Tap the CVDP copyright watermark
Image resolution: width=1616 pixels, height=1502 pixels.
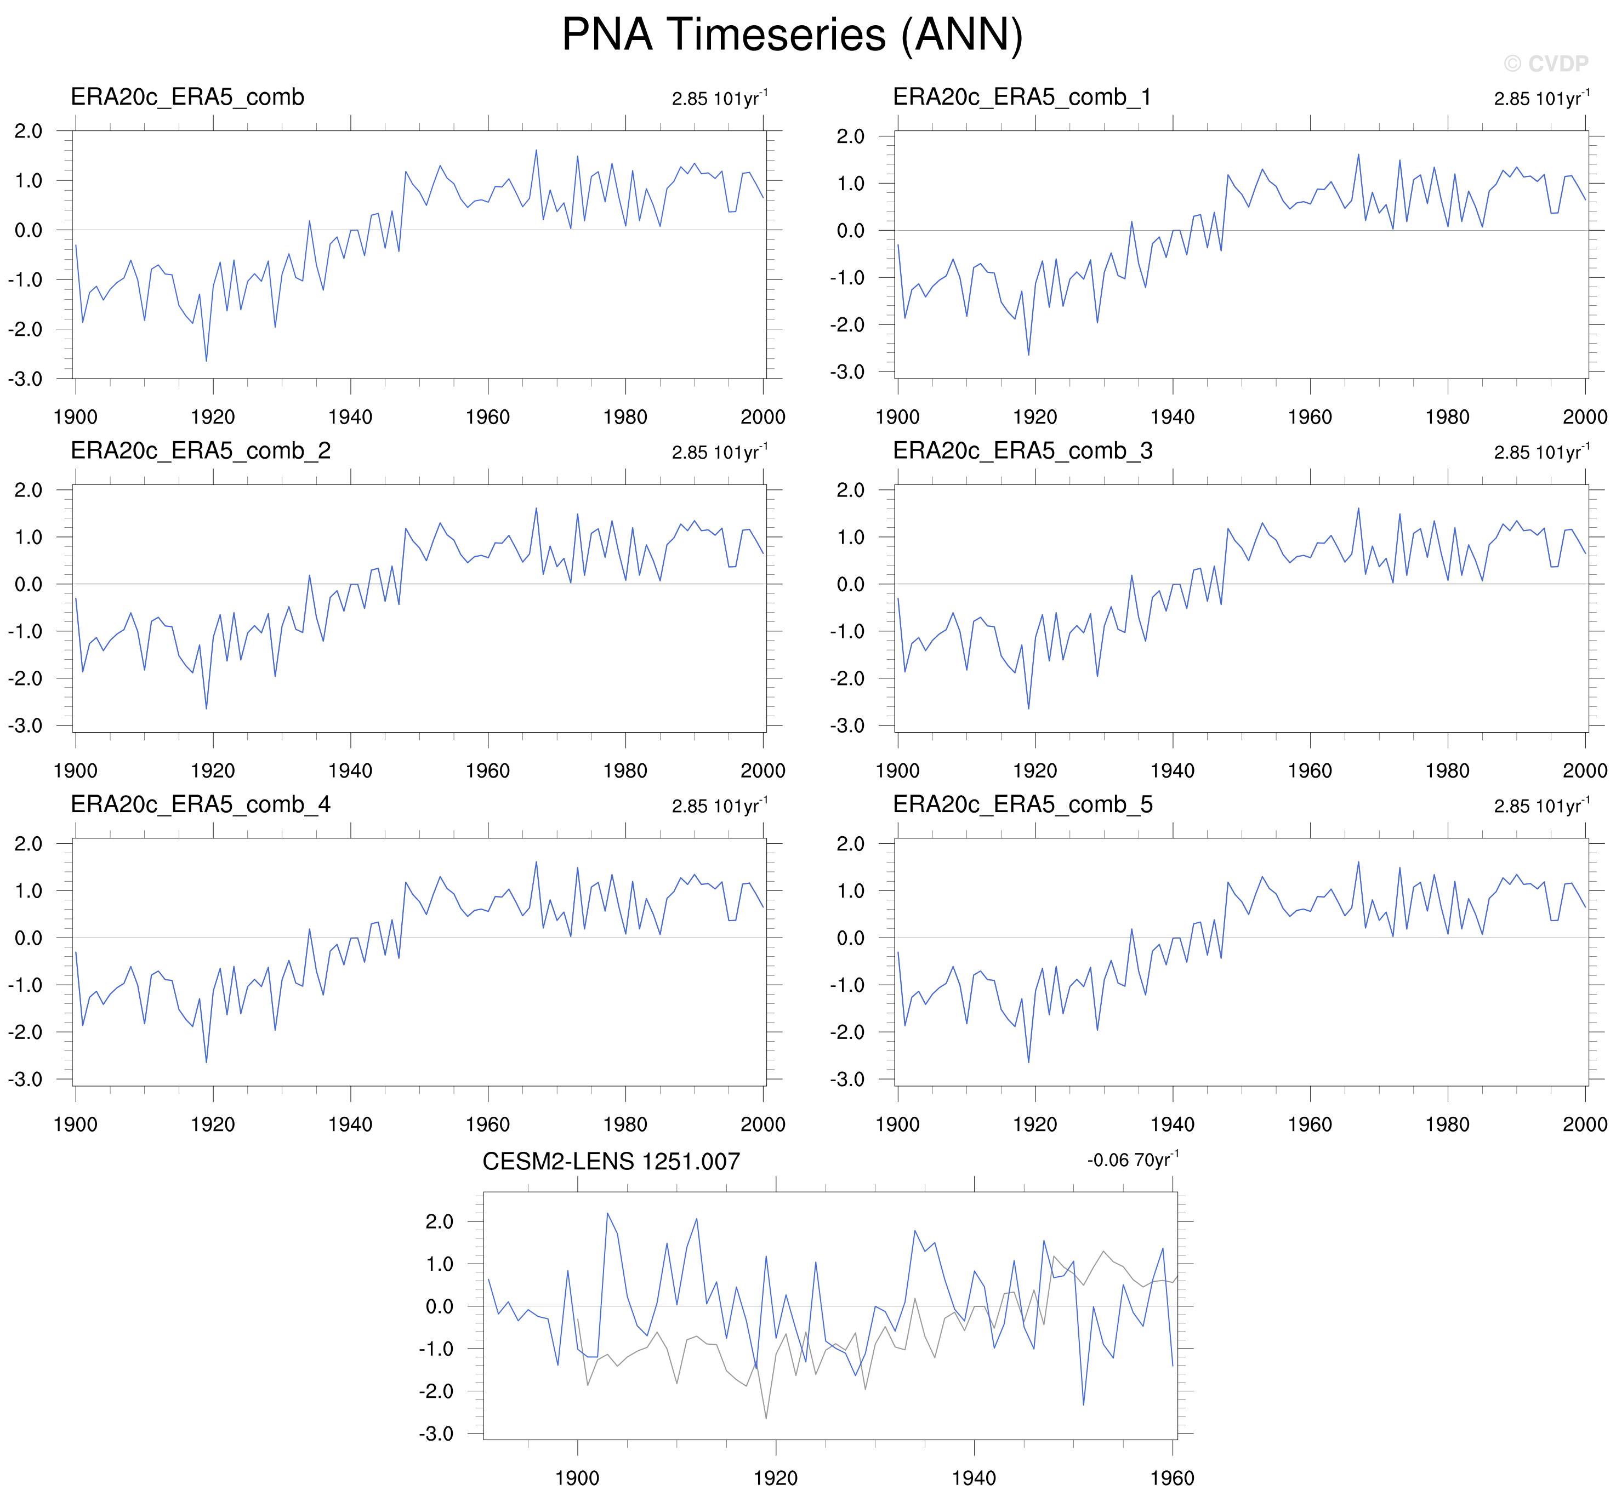tap(1545, 64)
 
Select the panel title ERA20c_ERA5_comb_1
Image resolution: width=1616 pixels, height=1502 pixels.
tap(1022, 98)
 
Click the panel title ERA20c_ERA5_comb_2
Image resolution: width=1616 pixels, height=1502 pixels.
tap(200, 451)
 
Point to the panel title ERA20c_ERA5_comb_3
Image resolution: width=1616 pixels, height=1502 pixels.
tap(1022, 451)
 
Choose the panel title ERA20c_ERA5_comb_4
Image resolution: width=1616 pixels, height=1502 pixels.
tap(200, 804)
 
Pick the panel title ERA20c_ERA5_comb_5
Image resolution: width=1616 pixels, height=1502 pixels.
tap(1022, 804)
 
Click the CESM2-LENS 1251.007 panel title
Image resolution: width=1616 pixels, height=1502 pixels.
tap(611, 1162)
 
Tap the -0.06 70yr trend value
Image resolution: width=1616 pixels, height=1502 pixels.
tap(1133, 1160)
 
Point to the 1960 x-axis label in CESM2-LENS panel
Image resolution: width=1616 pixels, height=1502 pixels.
tap(1171, 1478)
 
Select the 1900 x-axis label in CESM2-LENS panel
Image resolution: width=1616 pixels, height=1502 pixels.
tap(577, 1478)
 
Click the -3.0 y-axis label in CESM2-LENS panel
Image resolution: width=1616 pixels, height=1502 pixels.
tap(436, 1433)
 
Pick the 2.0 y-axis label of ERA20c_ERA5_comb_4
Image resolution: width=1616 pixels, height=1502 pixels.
tap(29, 844)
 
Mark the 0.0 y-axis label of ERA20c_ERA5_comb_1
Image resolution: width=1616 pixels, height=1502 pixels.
tap(850, 231)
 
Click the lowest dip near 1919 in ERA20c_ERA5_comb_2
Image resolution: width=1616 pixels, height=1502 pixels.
tap(207, 709)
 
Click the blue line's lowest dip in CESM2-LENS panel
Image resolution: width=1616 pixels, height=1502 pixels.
tap(1084, 1404)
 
